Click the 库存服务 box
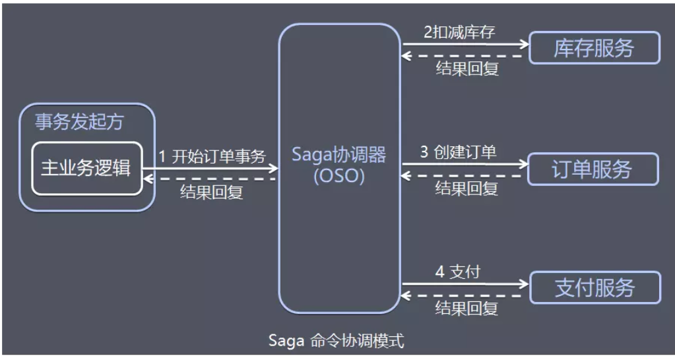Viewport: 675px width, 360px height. [595, 47]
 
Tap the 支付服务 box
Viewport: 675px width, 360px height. [595, 287]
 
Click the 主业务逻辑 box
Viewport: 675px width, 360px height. [86, 168]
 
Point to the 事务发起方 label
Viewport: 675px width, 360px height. [79, 122]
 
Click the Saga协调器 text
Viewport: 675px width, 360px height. [339, 156]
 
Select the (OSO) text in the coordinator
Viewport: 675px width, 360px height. [339, 177]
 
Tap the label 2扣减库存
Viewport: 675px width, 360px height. [459, 32]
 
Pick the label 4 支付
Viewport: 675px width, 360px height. [457, 272]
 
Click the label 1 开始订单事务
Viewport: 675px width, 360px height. [212, 157]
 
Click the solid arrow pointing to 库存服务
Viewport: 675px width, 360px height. [466, 44]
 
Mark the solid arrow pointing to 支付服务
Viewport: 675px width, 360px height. [466, 284]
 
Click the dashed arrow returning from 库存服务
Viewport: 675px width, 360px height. [466, 56]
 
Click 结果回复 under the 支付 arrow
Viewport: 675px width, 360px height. [466, 307]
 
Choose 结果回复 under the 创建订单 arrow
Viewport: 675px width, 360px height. [466, 189]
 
